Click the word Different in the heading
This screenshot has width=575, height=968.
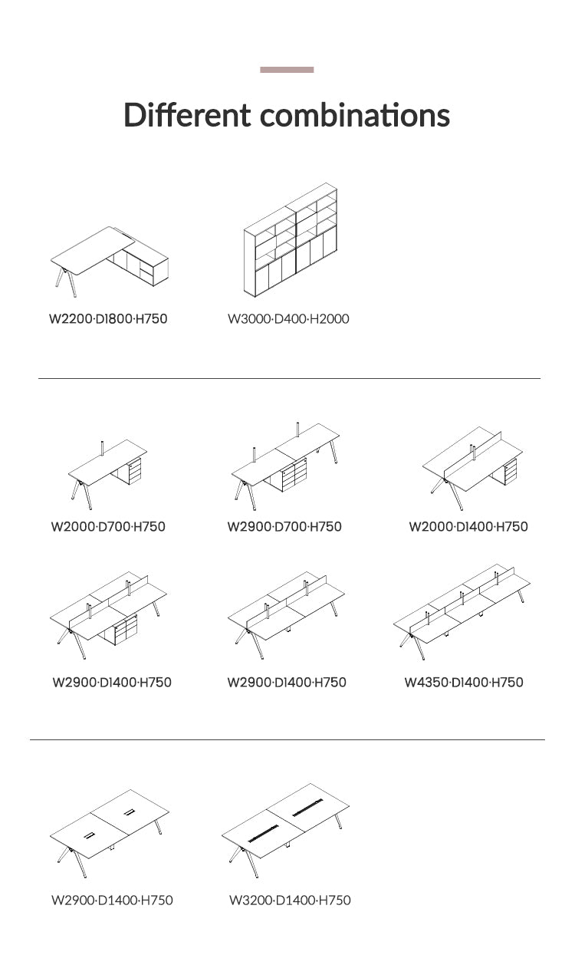click(187, 115)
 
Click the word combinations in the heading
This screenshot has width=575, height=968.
click(355, 115)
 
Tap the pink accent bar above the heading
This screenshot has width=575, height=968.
click(287, 70)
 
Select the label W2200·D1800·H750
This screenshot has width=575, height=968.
click(108, 319)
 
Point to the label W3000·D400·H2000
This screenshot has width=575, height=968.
click(288, 319)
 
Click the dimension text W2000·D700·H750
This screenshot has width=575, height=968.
click(108, 527)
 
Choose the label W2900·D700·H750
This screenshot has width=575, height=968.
click(284, 527)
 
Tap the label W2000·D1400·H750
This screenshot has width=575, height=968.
click(468, 527)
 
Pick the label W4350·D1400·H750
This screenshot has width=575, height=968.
click(464, 683)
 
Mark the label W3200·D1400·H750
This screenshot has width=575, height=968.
click(290, 901)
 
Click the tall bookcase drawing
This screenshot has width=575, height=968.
click(291, 240)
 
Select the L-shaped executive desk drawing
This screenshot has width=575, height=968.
click(110, 262)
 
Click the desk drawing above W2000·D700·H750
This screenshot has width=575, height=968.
click(108, 475)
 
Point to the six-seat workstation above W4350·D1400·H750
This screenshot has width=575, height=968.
click(462, 611)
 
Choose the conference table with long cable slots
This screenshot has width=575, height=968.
click(285, 831)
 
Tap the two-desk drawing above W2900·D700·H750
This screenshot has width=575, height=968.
click(285, 466)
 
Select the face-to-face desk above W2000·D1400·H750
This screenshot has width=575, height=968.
click(472, 469)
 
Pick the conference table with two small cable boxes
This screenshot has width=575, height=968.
click(110, 834)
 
